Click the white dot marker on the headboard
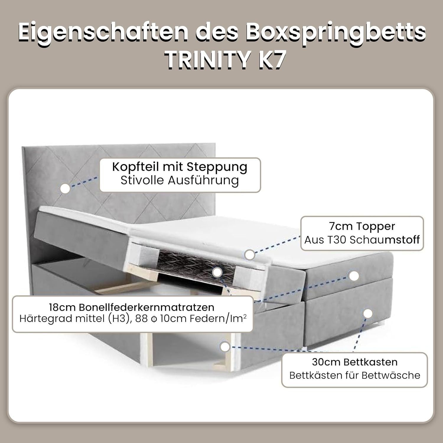tap(65, 188)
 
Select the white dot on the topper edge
tap(250, 255)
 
